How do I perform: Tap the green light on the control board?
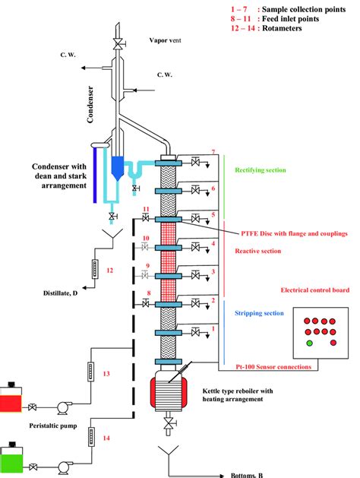(308, 343)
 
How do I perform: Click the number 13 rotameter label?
(106, 374)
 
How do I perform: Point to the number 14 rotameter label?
(106, 438)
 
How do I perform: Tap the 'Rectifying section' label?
(261, 170)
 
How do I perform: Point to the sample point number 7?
(213, 153)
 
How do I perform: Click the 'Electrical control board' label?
(314, 290)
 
